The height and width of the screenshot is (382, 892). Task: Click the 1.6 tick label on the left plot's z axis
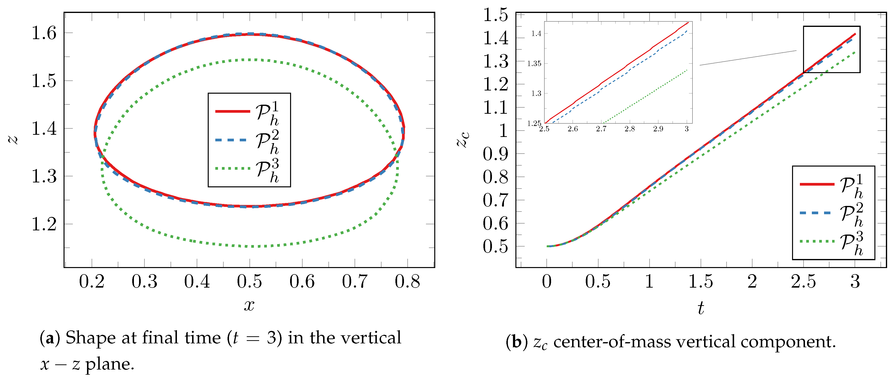(x=44, y=33)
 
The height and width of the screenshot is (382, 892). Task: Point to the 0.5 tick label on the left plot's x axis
(x=249, y=281)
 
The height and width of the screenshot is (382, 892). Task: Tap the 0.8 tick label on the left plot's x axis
(x=407, y=281)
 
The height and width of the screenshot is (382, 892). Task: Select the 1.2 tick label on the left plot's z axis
(x=44, y=224)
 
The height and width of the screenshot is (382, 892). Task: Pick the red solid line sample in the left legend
(x=232, y=111)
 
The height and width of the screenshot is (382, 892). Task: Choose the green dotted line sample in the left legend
(x=232, y=169)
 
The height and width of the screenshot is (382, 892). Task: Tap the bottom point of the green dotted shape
(x=252, y=247)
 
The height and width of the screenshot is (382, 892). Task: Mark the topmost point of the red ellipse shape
(x=250, y=34)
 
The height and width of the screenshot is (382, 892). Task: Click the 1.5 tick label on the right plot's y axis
(x=496, y=15)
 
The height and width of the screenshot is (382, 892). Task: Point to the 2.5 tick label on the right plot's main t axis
(x=803, y=281)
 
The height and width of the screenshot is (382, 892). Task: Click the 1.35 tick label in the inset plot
(x=534, y=63)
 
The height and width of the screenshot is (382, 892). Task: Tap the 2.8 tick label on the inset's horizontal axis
(x=630, y=129)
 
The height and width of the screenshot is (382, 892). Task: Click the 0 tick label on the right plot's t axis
(x=547, y=281)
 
